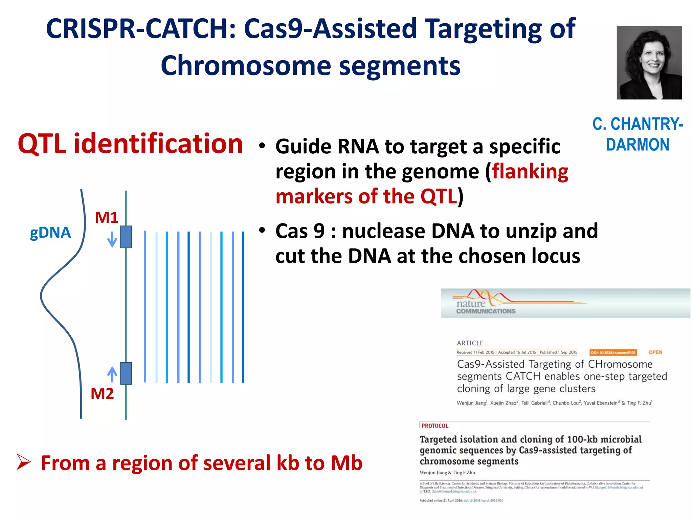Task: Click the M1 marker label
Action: click(106, 217)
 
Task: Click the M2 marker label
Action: click(102, 394)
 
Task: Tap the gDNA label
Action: click(50, 233)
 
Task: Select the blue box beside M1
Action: click(126, 237)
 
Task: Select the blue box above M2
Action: click(126, 373)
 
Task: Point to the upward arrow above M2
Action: click(112, 374)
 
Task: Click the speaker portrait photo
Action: click(649, 63)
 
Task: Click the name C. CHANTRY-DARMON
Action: click(638, 134)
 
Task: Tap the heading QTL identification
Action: click(130, 144)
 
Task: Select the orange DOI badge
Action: click(613, 352)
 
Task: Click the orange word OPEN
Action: click(655, 352)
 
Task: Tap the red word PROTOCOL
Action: click(435, 426)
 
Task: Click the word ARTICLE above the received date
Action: click(470, 343)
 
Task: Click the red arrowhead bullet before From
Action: click(24, 462)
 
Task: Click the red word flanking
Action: click(530, 171)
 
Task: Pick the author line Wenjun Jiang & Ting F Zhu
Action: click(447, 473)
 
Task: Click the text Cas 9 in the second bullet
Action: click(300, 231)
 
